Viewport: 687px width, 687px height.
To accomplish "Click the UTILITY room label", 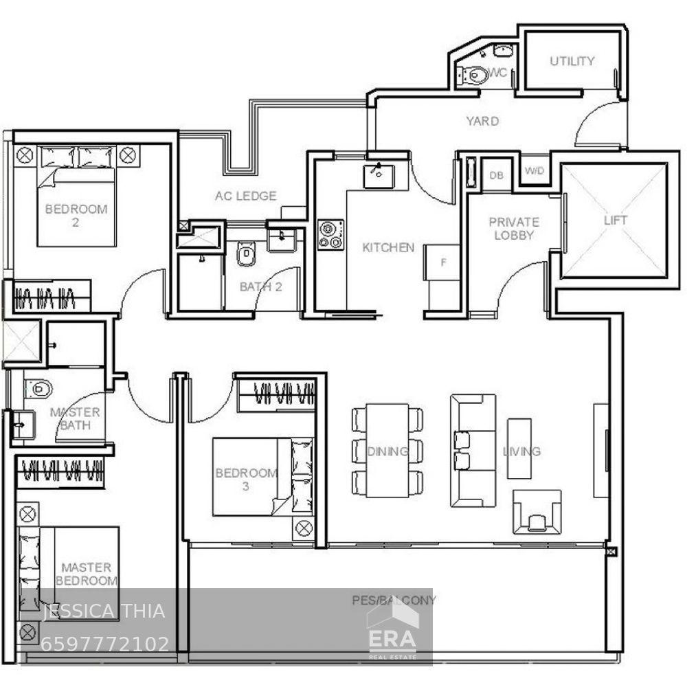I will click(572, 61).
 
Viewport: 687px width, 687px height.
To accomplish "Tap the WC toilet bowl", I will click(475, 74).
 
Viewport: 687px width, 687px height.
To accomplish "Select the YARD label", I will click(482, 121).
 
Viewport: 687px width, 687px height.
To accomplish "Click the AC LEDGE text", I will click(245, 196).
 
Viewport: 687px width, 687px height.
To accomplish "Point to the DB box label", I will click(496, 175).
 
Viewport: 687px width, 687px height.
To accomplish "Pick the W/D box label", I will click(533, 171).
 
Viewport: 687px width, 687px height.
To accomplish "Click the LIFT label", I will click(615, 221).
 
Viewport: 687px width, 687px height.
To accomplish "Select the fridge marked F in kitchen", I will click(443, 262).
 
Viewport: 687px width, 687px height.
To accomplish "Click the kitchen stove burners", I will click(330, 234).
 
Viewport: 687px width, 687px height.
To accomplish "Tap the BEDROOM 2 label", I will click(76, 215).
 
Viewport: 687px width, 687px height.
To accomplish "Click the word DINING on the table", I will click(387, 451).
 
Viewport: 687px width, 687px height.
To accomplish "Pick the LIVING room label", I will click(521, 451).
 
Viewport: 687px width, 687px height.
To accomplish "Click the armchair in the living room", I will click(537, 512).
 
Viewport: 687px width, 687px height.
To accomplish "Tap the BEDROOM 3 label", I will click(246, 479).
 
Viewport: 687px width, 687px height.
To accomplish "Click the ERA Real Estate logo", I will click(392, 638).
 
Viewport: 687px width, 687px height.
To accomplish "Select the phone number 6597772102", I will click(105, 644).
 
